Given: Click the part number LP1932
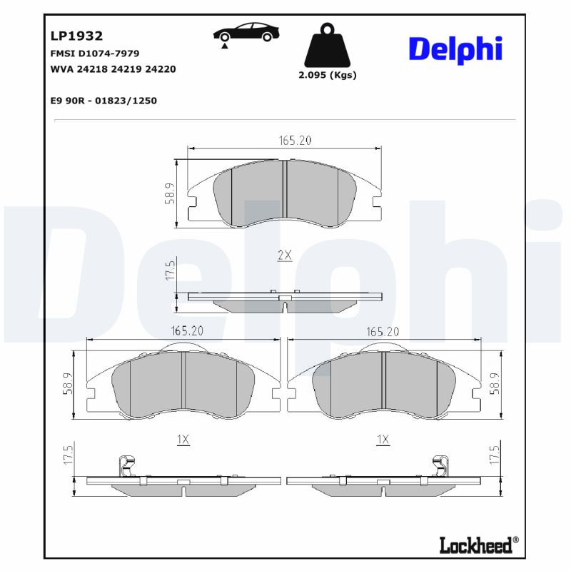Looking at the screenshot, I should coord(77,36).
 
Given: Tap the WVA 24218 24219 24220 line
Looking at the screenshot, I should coord(113,69).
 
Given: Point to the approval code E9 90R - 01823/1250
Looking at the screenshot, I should coord(103,101).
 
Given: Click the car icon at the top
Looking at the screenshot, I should coord(246,34).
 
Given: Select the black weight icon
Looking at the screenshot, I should coord(328,46).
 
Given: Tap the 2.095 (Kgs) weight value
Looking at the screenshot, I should coord(328,75).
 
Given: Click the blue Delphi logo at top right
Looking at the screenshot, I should coord(455,48).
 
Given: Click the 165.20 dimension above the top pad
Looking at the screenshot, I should coord(295,141).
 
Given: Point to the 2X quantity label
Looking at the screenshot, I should coord(285,256).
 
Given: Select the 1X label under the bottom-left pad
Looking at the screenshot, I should coord(183,440).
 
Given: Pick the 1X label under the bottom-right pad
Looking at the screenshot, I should coord(383,440).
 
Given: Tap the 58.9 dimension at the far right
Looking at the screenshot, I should coord(494,383).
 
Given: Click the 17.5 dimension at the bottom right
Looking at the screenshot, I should coord(494,455).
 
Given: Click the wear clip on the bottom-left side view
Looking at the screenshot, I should coord(126,465).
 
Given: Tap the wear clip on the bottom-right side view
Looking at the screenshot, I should coord(440,465).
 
